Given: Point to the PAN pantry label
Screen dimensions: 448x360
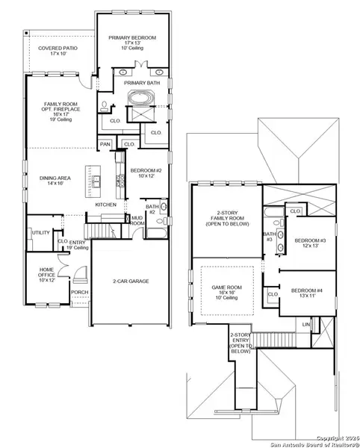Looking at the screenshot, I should pos(105,144).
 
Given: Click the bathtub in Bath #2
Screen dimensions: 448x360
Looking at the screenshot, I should pos(157,232).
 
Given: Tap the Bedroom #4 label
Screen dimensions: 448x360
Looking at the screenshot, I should pos(305,292).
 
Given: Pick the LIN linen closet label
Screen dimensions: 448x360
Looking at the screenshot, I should pos(305,325).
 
